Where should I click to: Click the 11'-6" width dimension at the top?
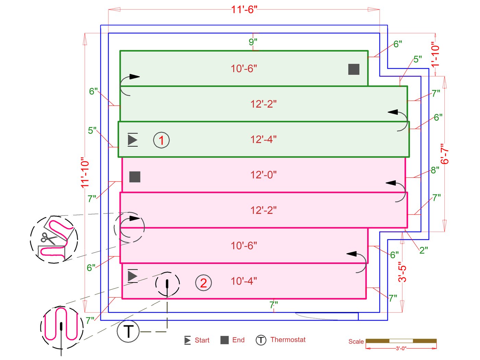pyautogui.click(x=244, y=10)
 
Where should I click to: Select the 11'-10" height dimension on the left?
pyautogui.click(x=85, y=173)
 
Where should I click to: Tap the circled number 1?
pyautogui.click(x=161, y=140)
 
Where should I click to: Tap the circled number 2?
pyautogui.click(x=203, y=283)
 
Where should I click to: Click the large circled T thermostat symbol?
pyautogui.click(x=128, y=332)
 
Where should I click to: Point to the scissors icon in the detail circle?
pyautogui.click(x=48, y=238)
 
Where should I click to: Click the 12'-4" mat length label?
pyautogui.click(x=263, y=140)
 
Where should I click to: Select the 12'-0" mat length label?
pyautogui.click(x=263, y=175)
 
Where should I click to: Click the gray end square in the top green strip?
pyautogui.click(x=354, y=69)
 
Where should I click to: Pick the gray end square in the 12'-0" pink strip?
pyautogui.click(x=135, y=177)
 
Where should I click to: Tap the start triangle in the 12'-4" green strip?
pyautogui.click(x=133, y=140)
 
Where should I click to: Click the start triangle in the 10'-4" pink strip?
pyautogui.click(x=133, y=276)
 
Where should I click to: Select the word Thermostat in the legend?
pyautogui.click(x=288, y=340)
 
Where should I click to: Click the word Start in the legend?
pyautogui.click(x=202, y=340)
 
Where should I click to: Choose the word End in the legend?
pyautogui.click(x=238, y=340)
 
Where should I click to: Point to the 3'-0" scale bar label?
pyautogui.click(x=401, y=348)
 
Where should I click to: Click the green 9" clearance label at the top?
pyautogui.click(x=253, y=42)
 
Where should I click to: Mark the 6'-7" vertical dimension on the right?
pyautogui.click(x=444, y=154)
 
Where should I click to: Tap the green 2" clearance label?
pyautogui.click(x=424, y=250)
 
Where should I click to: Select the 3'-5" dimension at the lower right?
pyautogui.click(x=403, y=272)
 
